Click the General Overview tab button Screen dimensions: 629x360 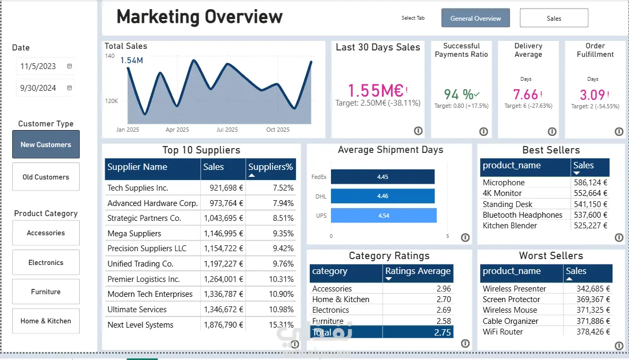[475, 18]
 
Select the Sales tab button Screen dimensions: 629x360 [554, 18]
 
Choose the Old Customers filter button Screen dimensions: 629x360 [46, 177]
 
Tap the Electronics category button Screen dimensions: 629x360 [46, 263]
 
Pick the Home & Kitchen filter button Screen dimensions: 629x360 [46, 321]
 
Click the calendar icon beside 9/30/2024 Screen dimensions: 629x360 [70, 88]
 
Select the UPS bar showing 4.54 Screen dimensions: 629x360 [384, 216]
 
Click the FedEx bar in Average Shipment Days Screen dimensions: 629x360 [382, 177]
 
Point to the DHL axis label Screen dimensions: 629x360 [321, 196]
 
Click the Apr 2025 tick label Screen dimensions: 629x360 [177, 130]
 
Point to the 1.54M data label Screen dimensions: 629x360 [132, 60]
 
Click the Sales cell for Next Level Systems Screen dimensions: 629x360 [224, 325]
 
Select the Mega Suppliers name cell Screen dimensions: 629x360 [134, 233]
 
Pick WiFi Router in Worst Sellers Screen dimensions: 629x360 [503, 331]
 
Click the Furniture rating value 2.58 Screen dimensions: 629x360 [444, 321]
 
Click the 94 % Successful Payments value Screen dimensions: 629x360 [458, 94]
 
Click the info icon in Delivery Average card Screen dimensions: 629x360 [552, 132]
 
